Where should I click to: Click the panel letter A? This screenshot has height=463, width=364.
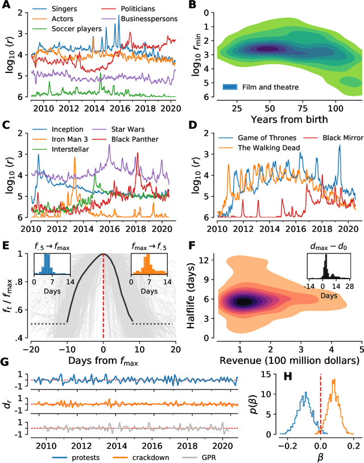[x=5, y=5]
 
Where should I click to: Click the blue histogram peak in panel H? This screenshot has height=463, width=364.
[x=305, y=393]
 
